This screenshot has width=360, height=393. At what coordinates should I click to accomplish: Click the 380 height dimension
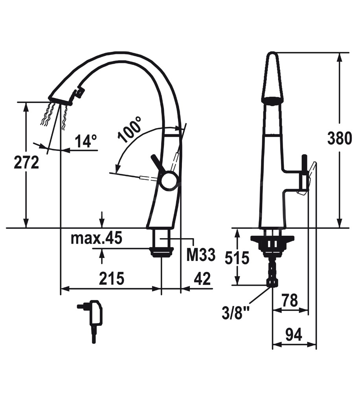[x=340, y=138]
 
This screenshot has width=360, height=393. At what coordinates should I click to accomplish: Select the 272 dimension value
[x=26, y=162]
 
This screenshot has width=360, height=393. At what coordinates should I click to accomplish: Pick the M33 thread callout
[x=201, y=255]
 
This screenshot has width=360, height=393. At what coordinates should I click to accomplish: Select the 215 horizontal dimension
[x=112, y=278]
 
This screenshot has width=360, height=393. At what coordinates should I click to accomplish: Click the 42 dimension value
[x=202, y=278]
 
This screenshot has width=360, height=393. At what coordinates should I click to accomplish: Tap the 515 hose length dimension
[x=237, y=258]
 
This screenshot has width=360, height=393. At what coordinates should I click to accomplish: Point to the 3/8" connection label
[x=232, y=313]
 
